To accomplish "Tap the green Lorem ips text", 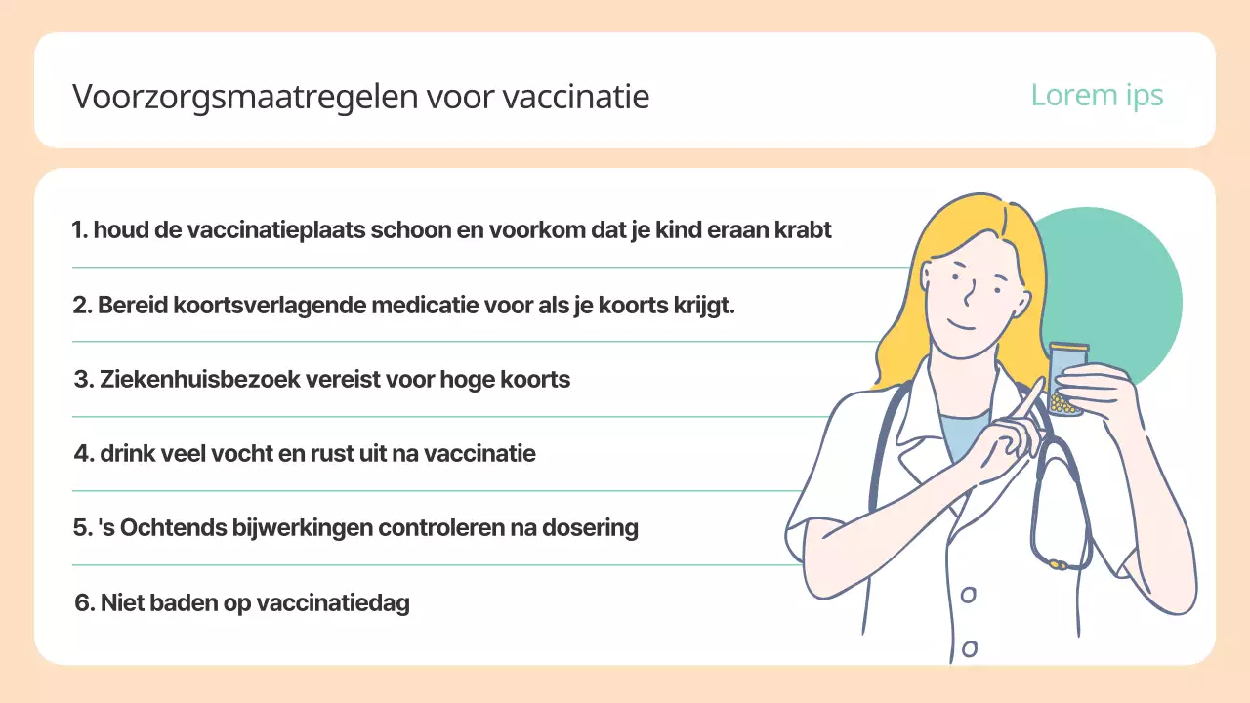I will pyautogui.click(x=1097, y=95).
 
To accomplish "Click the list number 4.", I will pyautogui.click(x=82, y=454).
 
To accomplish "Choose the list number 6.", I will pyautogui.click(x=83, y=603).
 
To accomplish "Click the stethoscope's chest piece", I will pyautogui.click(x=1055, y=563).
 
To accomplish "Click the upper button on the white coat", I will pyautogui.click(x=968, y=594).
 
